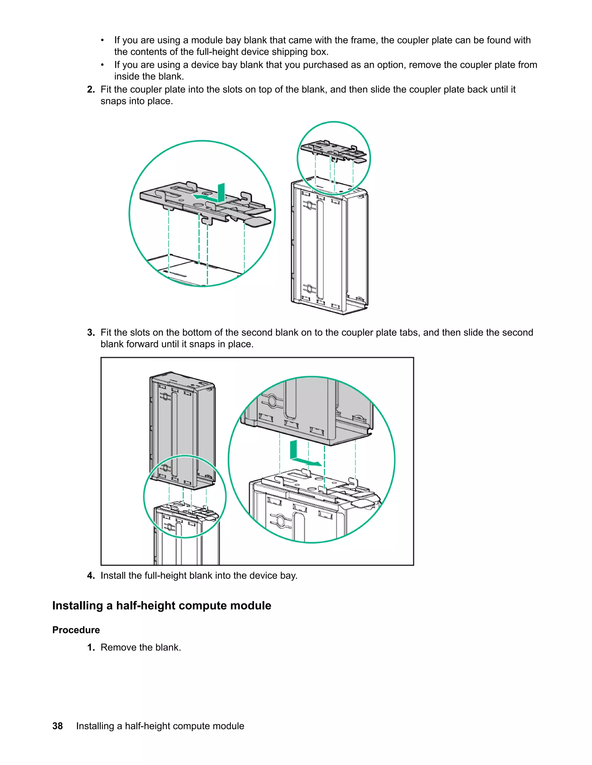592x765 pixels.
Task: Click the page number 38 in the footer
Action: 58,726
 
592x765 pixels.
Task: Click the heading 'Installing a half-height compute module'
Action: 162,606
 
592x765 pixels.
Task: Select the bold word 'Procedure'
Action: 76,630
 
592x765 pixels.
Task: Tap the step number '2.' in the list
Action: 91,90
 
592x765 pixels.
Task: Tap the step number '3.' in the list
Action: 91,333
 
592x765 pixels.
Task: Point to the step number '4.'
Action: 91,576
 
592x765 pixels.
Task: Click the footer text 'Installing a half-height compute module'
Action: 160,726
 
